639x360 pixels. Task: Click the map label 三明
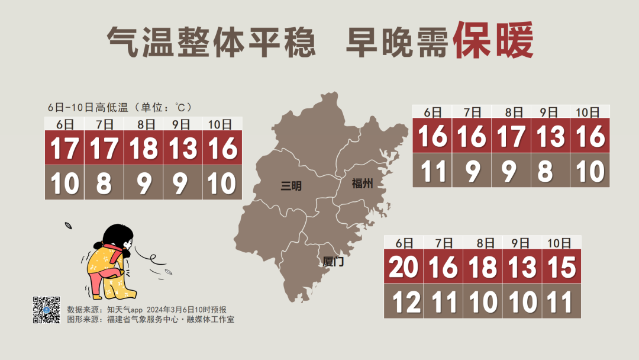tap(291, 186)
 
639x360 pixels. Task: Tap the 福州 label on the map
tap(362, 184)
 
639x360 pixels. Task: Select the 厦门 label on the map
tap(334, 261)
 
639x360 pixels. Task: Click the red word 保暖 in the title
tap(493, 41)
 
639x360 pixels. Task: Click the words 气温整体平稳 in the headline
tap(211, 43)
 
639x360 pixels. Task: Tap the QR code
tap(46, 310)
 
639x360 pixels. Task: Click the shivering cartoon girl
tap(112, 261)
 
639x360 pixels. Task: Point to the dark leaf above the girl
tap(69, 226)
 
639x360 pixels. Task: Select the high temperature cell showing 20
tap(404, 267)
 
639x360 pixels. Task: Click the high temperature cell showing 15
tap(561, 267)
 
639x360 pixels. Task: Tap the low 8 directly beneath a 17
tap(104, 182)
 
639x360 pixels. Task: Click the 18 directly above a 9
tap(143, 148)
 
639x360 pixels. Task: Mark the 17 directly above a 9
tap(511, 136)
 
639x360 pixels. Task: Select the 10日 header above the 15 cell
tap(559, 243)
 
